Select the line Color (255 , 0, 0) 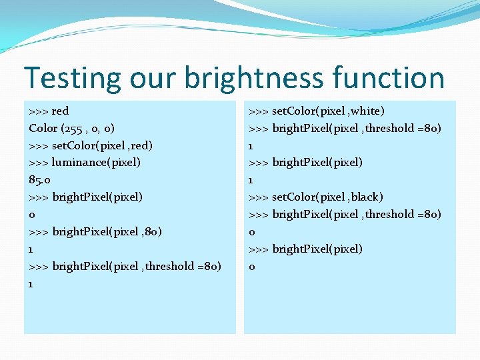tap(71, 128)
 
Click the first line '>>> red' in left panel tap(49, 111)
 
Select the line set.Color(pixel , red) tap(91, 145)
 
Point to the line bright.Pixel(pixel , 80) tap(95, 231)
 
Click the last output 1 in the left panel tap(32, 283)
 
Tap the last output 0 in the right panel tap(252, 267)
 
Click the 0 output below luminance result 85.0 tap(32, 215)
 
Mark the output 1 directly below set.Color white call tap(251, 145)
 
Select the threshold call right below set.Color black tap(345, 214)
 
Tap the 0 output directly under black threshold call tap(252, 232)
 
